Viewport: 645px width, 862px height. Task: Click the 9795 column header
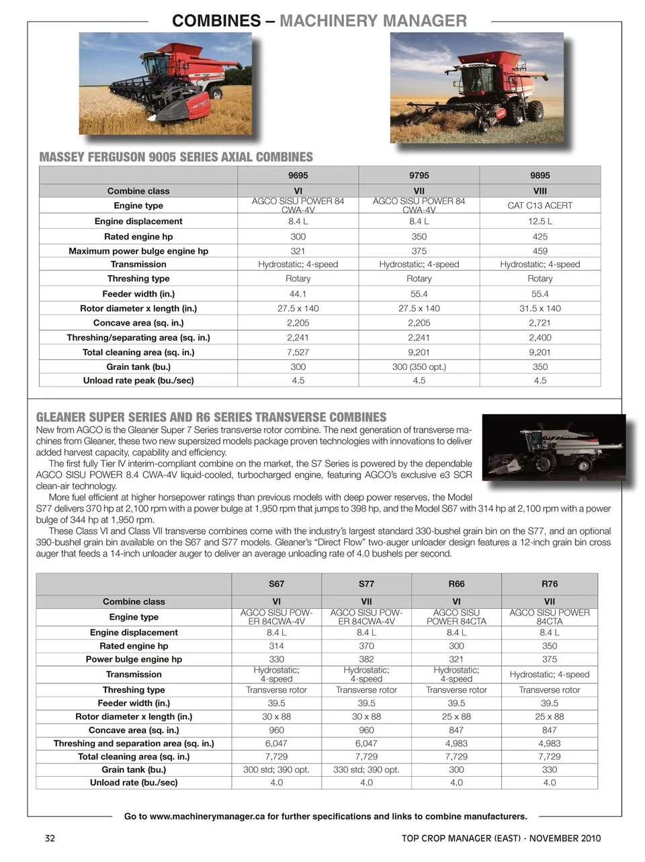[419, 175]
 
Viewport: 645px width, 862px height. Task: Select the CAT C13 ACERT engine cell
[540, 205]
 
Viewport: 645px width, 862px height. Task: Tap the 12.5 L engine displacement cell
[540, 221]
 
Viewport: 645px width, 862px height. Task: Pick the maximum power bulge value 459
[540, 251]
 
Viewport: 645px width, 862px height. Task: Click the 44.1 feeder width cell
[298, 293]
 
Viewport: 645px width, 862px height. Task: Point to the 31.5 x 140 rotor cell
[540, 308]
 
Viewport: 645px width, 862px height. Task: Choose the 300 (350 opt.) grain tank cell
[419, 367]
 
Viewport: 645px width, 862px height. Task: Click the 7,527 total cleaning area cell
[298, 352]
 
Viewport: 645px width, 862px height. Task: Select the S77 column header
[366, 584]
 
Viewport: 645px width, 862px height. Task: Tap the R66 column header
[456, 584]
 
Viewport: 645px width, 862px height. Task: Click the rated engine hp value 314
[276, 646]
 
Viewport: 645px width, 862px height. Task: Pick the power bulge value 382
[366, 659]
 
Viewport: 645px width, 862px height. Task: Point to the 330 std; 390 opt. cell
[366, 769]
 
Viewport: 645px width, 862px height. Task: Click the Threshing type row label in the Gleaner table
[134, 689]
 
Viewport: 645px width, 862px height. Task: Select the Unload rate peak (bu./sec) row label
[138, 380]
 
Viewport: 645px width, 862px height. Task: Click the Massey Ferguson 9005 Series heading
[176, 157]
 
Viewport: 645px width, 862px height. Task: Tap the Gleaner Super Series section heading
[211, 417]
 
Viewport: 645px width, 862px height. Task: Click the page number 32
[50, 838]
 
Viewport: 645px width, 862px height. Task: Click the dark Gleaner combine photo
[554, 447]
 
